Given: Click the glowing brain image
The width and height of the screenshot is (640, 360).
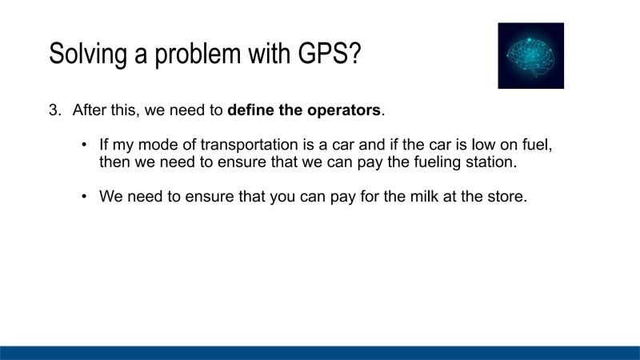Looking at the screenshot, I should pyautogui.click(x=530, y=55).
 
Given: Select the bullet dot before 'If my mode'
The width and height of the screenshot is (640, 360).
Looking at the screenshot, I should pyautogui.click(x=85, y=145).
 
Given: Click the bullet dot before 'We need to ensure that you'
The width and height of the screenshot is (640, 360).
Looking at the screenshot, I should pyautogui.click(x=85, y=196).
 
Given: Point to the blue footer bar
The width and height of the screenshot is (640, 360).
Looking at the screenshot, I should pyautogui.click(x=320, y=353).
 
